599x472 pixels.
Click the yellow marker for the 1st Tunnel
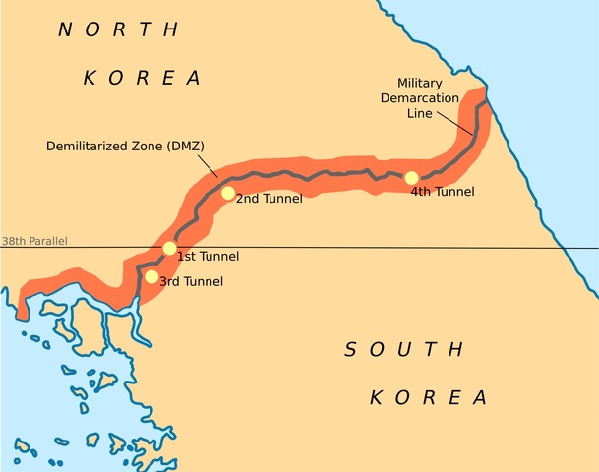[x=169, y=248]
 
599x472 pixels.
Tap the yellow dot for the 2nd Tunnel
[x=228, y=193]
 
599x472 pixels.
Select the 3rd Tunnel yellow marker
[x=150, y=276]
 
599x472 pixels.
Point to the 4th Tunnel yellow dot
[x=411, y=178]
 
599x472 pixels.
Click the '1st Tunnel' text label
[x=208, y=257]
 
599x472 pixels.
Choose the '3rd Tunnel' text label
[x=191, y=282]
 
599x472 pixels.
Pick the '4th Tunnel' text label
[x=442, y=192]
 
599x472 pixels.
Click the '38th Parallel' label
[x=34, y=241]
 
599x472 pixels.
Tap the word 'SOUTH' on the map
[x=404, y=349]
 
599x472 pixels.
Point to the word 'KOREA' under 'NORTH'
[x=142, y=78]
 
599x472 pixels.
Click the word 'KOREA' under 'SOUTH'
[x=428, y=398]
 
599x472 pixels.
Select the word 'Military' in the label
[x=421, y=84]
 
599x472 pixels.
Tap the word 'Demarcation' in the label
[x=421, y=98]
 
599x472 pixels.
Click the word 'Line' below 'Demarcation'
[x=420, y=113]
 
